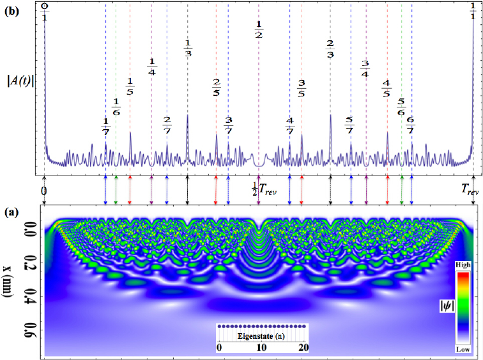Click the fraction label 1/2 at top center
tap(259, 29)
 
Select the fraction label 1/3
tap(188, 48)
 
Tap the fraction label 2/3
tap(330, 48)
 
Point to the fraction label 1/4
tap(152, 66)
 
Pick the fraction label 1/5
tap(130, 86)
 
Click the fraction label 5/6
tap(401, 106)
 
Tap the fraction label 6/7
tap(411, 125)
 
